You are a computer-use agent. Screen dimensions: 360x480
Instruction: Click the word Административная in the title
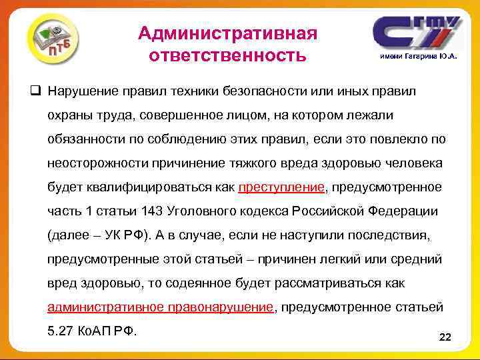pyautogui.click(x=227, y=33)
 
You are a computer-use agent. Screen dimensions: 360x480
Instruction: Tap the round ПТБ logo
pyautogui.click(x=54, y=41)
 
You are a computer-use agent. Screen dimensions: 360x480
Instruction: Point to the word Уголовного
pyautogui.click(x=211, y=211)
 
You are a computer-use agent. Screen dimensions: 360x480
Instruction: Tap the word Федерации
pyautogui.click(x=402, y=211)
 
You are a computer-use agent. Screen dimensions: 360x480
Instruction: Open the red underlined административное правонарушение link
pyautogui.click(x=161, y=307)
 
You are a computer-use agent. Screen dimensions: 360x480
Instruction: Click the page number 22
pyautogui.click(x=445, y=338)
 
